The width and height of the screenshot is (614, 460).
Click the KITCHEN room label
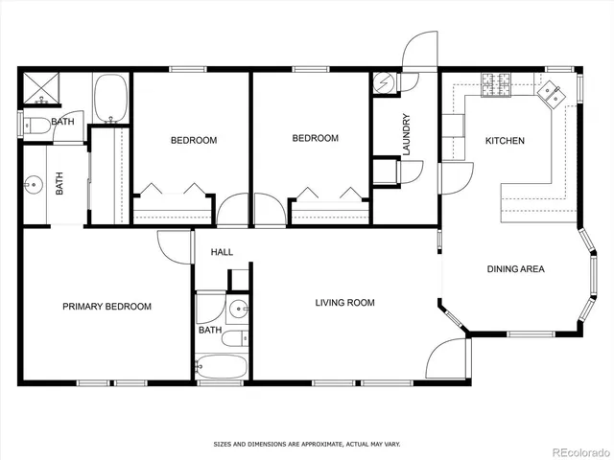[x=505, y=141]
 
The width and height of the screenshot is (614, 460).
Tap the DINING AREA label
[x=515, y=269]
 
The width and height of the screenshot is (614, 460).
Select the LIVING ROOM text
[x=344, y=303]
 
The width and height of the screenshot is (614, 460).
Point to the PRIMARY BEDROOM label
[x=106, y=307]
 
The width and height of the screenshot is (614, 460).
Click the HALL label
[x=222, y=252]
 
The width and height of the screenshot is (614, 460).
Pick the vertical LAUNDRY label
[x=407, y=136]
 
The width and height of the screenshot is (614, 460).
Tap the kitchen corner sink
[x=552, y=92]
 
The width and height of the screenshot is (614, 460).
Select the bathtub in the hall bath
[x=220, y=368]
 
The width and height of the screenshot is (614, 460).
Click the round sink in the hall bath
[x=238, y=310]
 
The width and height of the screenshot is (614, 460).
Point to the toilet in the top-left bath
[x=38, y=123]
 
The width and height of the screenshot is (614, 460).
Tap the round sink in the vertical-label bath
[x=35, y=182]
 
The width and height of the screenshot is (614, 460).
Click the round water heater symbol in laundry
[x=384, y=83]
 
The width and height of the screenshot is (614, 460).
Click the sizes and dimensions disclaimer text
[x=306, y=444]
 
